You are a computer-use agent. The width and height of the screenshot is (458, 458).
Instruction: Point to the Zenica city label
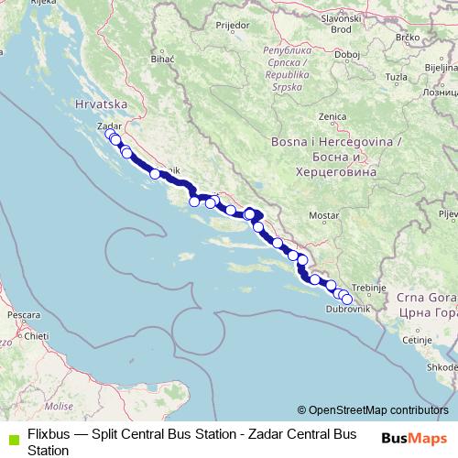point(331,116)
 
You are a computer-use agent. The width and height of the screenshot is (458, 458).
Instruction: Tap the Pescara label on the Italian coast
point(21,314)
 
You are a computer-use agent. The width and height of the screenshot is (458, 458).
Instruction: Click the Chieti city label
point(37,336)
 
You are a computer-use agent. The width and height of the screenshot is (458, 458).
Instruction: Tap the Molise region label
point(59,404)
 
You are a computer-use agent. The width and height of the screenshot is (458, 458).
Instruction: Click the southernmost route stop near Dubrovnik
point(347,299)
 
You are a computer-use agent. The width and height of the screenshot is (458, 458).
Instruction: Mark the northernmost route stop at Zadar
point(110,135)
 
